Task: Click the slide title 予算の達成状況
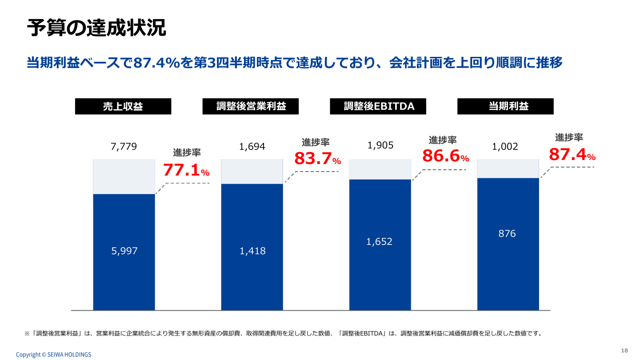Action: [96, 28]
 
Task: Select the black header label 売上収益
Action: [123, 107]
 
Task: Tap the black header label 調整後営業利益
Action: [251, 107]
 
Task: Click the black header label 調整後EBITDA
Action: [378, 107]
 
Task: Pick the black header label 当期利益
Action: [505, 107]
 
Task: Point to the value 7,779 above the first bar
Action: [124, 146]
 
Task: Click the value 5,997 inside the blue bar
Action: [124, 251]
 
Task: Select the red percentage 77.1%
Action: [186, 170]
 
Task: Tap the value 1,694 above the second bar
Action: [252, 146]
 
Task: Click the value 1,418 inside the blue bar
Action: [252, 251]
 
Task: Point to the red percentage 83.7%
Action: [317, 159]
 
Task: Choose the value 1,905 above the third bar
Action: [380, 145]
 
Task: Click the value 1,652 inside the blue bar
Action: [380, 241]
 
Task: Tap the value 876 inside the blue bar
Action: [507, 234]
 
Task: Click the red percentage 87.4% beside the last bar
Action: [572, 154]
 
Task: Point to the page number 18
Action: [624, 350]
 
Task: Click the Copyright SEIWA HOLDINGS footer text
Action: [53, 354]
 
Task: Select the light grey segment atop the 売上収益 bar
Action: [124, 176]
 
